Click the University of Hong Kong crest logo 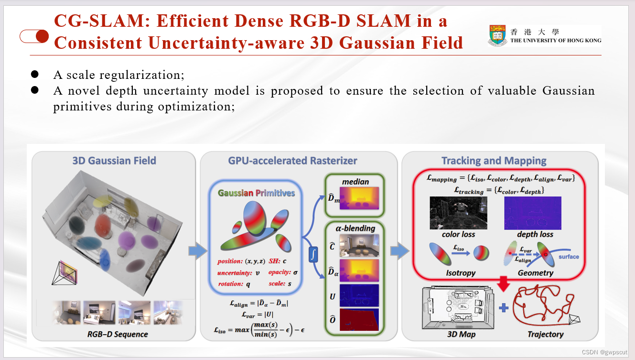[x=497, y=36]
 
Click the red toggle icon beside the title [x=34, y=36]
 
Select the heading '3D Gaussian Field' [x=114, y=161]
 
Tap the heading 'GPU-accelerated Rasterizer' [x=292, y=161]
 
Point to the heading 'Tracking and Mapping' [x=494, y=161]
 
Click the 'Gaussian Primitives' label [x=256, y=193]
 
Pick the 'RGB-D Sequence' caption [x=117, y=334]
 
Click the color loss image [x=458, y=213]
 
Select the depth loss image [x=533, y=213]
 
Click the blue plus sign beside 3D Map [x=503, y=308]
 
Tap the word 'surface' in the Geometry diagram [x=569, y=257]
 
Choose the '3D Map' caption [x=461, y=334]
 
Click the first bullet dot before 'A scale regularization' [x=34, y=75]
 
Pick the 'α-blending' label [x=355, y=228]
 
